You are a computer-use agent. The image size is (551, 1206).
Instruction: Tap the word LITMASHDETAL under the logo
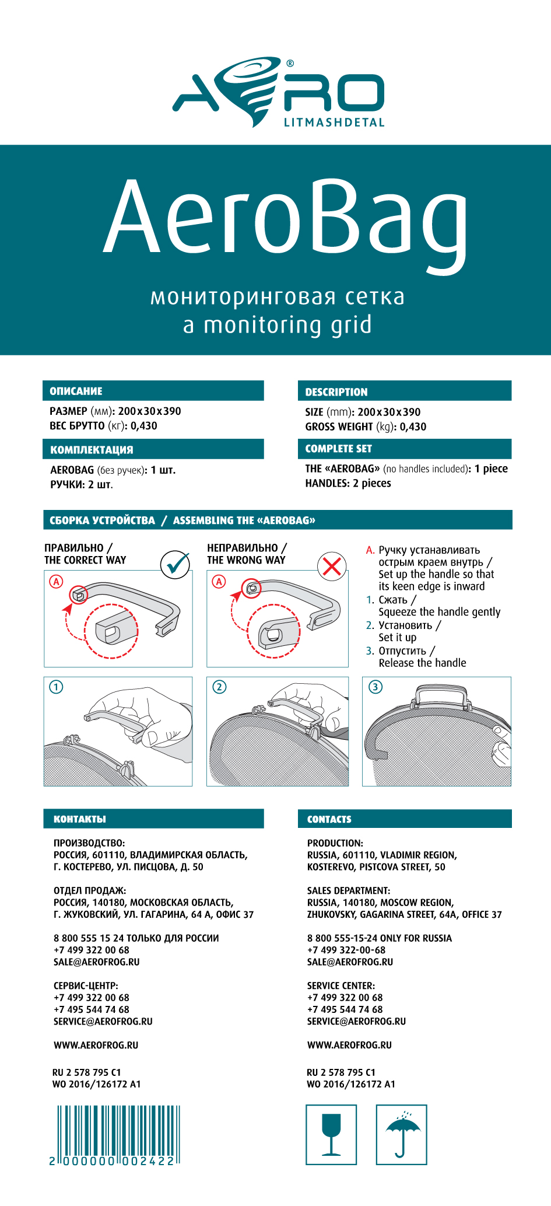(x=334, y=123)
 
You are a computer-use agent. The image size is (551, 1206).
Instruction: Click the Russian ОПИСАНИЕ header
(x=76, y=391)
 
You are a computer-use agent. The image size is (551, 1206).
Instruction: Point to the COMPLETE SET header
(x=338, y=449)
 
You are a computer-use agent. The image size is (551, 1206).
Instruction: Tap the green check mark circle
(x=176, y=564)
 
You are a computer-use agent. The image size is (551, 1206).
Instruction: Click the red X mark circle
(x=332, y=565)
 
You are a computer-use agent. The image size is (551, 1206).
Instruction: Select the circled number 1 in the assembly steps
(x=57, y=687)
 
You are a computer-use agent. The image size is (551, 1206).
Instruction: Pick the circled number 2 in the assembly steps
(x=219, y=687)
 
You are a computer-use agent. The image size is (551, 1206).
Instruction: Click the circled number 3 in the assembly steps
(x=375, y=687)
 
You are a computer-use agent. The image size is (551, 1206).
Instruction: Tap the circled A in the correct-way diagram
(x=56, y=581)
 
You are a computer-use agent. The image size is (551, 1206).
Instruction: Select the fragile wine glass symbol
(x=331, y=1135)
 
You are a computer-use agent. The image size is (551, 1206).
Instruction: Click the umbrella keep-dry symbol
(x=402, y=1135)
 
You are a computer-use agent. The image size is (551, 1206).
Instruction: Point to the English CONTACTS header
(x=329, y=819)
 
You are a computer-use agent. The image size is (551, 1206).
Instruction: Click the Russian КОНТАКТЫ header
(x=80, y=819)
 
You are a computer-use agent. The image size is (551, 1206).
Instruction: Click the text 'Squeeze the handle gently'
(x=440, y=612)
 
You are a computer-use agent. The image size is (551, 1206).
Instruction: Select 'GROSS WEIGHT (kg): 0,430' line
(x=366, y=427)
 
